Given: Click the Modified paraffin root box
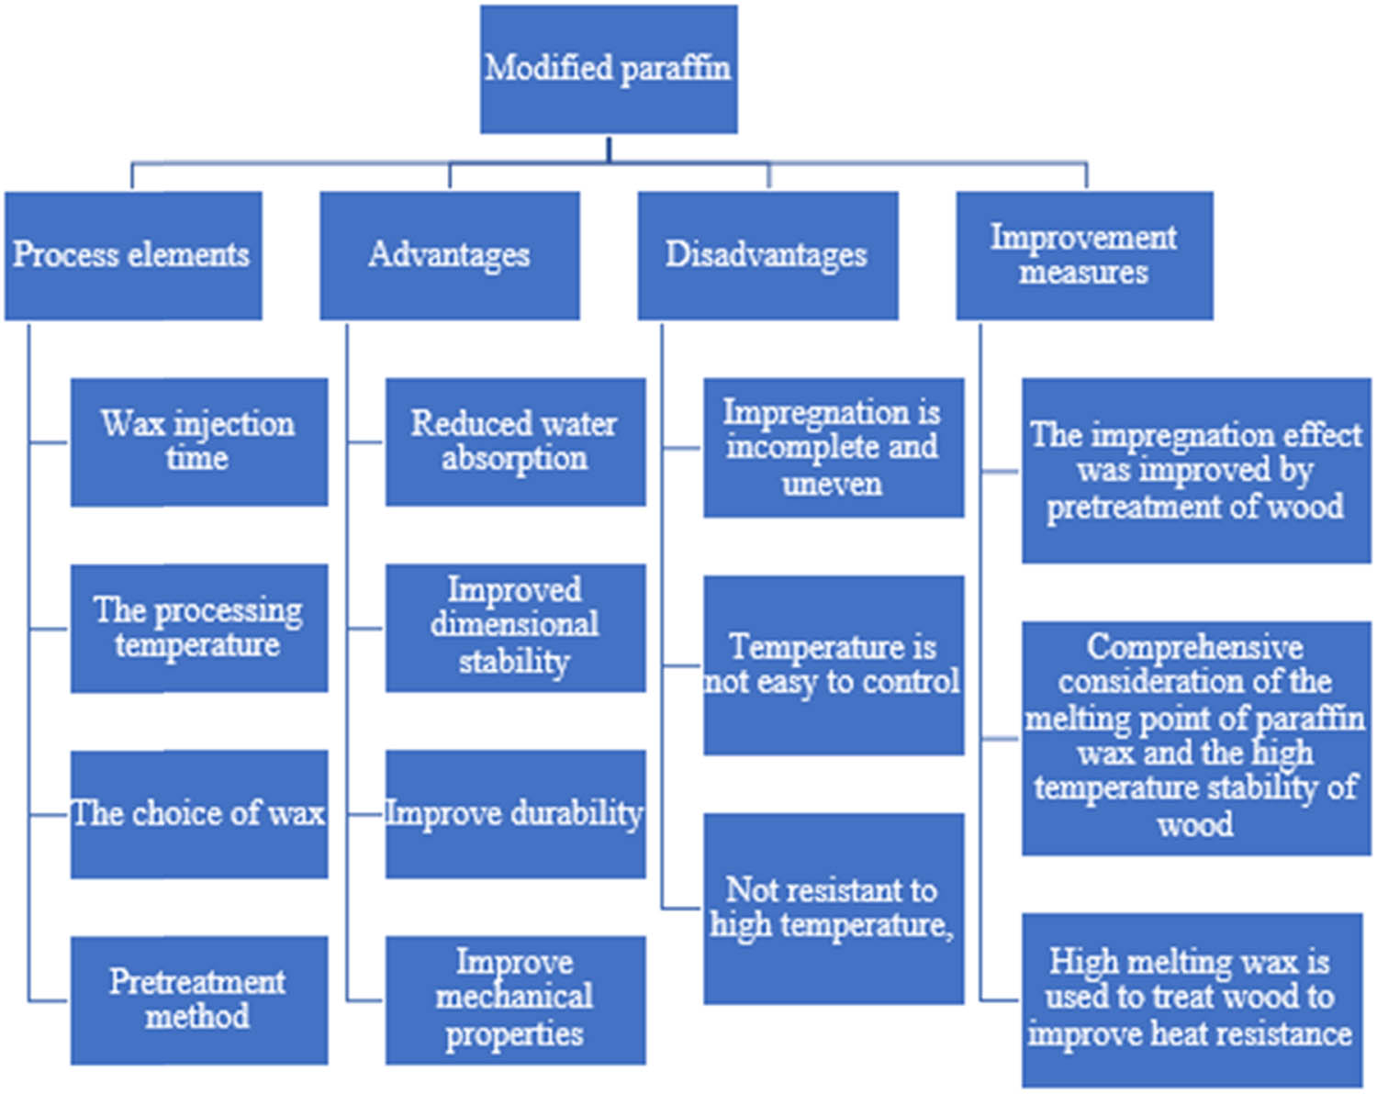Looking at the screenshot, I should click(x=609, y=70).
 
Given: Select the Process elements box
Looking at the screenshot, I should click(x=133, y=255).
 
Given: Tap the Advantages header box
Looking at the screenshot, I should click(x=449, y=255).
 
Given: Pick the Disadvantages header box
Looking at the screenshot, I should click(x=767, y=255).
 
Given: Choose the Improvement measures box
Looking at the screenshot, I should click(x=1084, y=255).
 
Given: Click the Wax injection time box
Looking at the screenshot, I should click(x=199, y=441).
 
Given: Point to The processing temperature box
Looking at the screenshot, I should click(x=199, y=628).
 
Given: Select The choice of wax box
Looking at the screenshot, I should click(x=199, y=814).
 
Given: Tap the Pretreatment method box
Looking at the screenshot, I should click(x=199, y=999).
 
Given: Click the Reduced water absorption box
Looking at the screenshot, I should click(x=515, y=441).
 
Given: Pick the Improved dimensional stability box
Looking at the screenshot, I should click(x=515, y=628).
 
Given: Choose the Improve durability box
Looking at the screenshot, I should click(x=515, y=814).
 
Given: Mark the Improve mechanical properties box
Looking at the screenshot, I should click(x=515, y=999).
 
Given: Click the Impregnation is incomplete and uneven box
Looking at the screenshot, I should click(x=834, y=448).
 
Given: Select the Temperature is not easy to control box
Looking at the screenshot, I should click(x=834, y=665).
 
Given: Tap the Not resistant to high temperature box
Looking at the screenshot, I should click(x=834, y=908).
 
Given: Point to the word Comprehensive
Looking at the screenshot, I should click(x=1194, y=647).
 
